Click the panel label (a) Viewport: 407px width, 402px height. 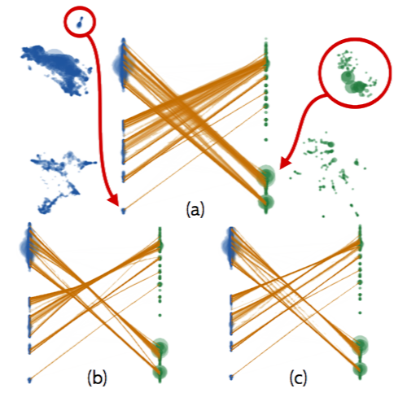coord(195,210)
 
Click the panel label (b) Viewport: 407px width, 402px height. coord(97,378)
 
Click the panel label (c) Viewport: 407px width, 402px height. coord(298,378)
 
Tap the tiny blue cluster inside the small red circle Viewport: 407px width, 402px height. coord(80,22)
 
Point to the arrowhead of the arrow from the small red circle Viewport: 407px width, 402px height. coord(114,200)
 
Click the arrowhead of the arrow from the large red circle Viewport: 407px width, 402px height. coord(285,163)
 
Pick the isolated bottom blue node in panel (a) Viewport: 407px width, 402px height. coord(124,210)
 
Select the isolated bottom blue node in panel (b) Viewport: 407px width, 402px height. coord(29,379)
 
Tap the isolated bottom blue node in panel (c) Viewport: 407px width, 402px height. coord(231,377)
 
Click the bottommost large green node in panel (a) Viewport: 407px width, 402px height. coord(266,202)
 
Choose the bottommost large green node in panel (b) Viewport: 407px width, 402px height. coord(160,372)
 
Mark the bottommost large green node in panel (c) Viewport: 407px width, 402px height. coord(360,369)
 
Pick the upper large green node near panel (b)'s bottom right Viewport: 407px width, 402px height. coord(160,347)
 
